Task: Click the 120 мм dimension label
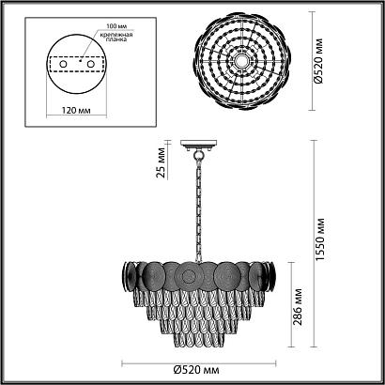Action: coord(76,111)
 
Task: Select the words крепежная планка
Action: coord(116,37)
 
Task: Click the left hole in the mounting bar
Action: coord(63,64)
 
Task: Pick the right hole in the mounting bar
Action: coord(91,64)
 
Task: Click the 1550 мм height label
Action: coord(320,240)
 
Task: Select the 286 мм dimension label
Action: coord(298,307)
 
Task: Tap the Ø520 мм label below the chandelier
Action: coord(196,371)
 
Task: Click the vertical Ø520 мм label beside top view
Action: coord(318,61)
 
